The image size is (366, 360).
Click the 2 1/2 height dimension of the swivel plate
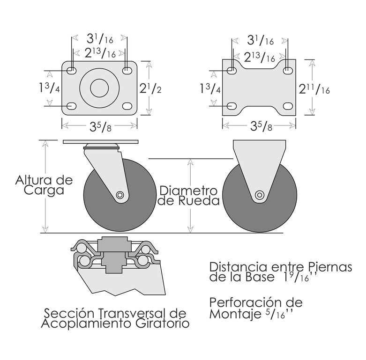[x=150, y=88]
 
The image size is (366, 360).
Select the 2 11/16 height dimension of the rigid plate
[x=314, y=89]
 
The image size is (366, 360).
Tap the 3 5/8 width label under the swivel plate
[x=100, y=126]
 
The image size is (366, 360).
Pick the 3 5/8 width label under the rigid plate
[x=261, y=126]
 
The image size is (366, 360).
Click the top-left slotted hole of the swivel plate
[x=72, y=70]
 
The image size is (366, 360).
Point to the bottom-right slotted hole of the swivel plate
[x=127, y=106]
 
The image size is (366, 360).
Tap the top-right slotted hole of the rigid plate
[x=288, y=70]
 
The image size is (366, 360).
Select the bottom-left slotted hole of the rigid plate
[x=232, y=106]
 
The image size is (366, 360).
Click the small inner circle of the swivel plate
[x=99, y=88]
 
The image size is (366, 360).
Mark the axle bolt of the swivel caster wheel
[x=120, y=195]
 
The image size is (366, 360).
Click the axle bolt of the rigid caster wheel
[x=259, y=195]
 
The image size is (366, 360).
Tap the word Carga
[x=44, y=190]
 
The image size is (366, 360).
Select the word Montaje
[x=235, y=314]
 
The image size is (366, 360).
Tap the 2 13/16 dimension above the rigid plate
[x=260, y=58]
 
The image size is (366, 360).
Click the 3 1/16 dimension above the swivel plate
[x=100, y=39]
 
